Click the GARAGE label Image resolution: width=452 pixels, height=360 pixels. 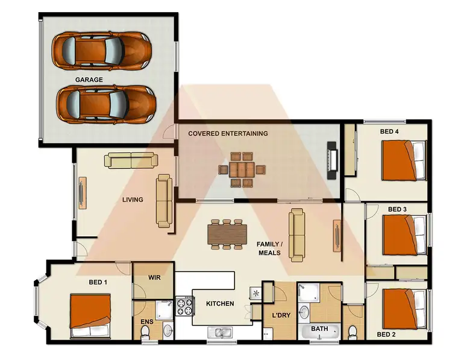pos(89,80)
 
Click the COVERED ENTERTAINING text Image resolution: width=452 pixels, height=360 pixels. pos(228,133)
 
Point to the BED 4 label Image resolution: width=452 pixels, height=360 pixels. pos(389,131)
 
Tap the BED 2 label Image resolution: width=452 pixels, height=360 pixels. pos(387,333)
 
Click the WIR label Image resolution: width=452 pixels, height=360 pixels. pos(154,279)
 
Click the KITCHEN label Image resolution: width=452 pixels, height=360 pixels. pos(220,303)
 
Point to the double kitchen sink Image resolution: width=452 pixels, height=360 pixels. pos(221,332)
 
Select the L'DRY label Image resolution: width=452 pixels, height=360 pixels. pos(282,315)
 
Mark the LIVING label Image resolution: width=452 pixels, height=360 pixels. pos(133,200)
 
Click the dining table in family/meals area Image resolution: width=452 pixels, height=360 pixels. pos(227,234)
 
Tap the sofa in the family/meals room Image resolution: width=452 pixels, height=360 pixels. pos(296,235)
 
